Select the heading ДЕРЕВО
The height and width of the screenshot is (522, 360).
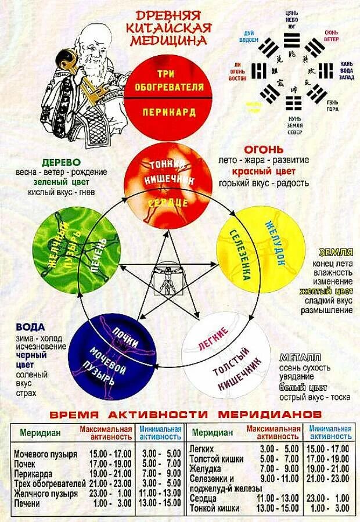(62, 161)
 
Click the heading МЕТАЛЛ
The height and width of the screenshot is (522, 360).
(298, 357)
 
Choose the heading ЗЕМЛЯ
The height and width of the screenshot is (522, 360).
(336, 252)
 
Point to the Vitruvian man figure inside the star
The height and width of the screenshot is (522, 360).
(167, 279)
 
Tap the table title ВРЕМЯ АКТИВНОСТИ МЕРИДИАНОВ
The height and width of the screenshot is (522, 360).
(185, 415)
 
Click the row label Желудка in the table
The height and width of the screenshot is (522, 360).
(206, 468)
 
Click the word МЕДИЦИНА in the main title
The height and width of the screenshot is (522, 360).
(168, 40)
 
